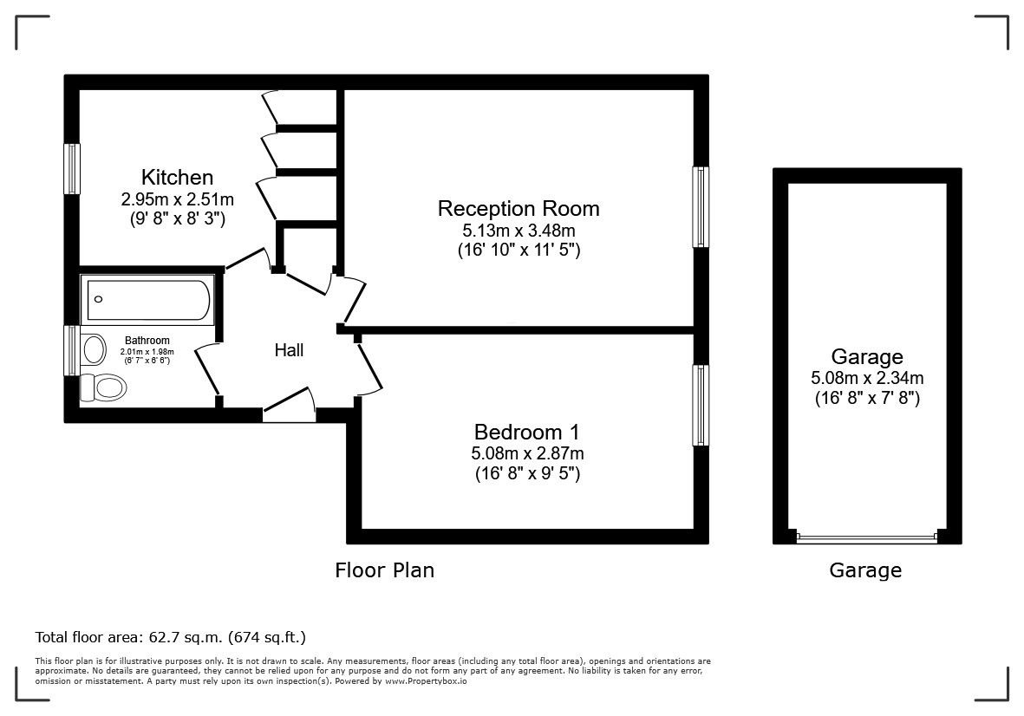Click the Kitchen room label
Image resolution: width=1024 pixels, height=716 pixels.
[177, 177]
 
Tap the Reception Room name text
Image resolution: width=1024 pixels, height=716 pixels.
[519, 208]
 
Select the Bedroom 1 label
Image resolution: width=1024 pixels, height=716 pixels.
[527, 432]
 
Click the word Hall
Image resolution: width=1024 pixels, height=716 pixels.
[289, 350]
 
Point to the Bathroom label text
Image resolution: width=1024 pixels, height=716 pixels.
[147, 340]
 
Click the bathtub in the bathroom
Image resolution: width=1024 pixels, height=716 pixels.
[147, 300]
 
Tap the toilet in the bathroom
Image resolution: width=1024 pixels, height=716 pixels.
[103, 387]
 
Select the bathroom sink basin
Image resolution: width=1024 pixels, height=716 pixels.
[94, 349]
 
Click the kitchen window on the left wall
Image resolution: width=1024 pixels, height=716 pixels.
[72, 169]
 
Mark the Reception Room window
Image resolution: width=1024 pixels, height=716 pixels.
[700, 207]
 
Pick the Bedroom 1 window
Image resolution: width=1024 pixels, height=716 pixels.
[700, 406]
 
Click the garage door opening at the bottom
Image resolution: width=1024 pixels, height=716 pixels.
[867, 537]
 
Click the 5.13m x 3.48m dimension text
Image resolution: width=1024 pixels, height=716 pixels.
[519, 230]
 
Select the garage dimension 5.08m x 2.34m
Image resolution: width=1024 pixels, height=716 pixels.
[867, 377]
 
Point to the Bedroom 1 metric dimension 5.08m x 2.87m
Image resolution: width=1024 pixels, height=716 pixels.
[527, 452]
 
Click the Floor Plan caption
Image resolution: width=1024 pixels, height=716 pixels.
[385, 570]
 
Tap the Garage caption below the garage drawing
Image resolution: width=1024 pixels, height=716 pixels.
[865, 570]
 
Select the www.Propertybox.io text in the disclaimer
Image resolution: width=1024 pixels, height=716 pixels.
[426, 680]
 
